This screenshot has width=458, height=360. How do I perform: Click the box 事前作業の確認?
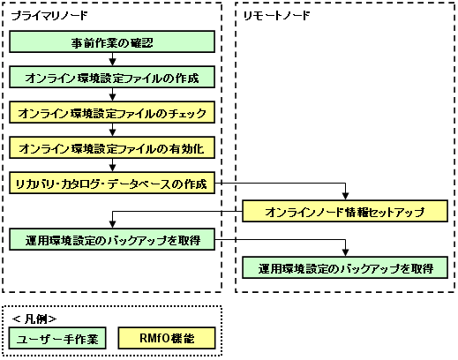coord(112,41)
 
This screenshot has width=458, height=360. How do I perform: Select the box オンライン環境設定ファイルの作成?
coord(112,78)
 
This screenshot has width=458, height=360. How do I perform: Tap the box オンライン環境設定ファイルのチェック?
coord(112,113)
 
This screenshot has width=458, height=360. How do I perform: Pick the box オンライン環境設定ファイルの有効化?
coord(112,147)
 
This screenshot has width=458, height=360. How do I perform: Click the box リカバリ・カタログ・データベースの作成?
coord(112,183)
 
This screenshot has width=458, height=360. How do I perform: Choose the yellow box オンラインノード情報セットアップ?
coord(345,211)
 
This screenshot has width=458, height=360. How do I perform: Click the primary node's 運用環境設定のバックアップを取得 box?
coord(112,239)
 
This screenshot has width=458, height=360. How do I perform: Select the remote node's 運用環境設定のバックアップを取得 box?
coord(345,267)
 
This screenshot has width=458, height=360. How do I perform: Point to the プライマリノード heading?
coord(49,15)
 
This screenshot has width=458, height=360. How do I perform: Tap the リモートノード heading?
coord(277,15)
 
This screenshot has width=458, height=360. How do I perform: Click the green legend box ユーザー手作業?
coord(57,338)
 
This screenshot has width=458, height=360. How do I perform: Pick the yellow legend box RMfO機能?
coord(167,338)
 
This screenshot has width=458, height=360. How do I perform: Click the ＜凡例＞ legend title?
coord(34,319)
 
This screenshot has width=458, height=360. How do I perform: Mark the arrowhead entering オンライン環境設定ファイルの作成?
coord(112,62)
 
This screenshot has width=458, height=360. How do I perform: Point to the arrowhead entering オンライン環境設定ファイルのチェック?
coord(112,97)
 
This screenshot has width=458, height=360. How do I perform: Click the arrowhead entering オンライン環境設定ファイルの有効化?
coord(112,132)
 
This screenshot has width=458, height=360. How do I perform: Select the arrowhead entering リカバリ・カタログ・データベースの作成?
coord(112,168)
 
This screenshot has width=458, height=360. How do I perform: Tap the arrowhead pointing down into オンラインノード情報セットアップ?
coord(346,196)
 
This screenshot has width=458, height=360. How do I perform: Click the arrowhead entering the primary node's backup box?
coord(112,224)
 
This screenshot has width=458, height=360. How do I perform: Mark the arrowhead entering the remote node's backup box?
coord(346,252)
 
